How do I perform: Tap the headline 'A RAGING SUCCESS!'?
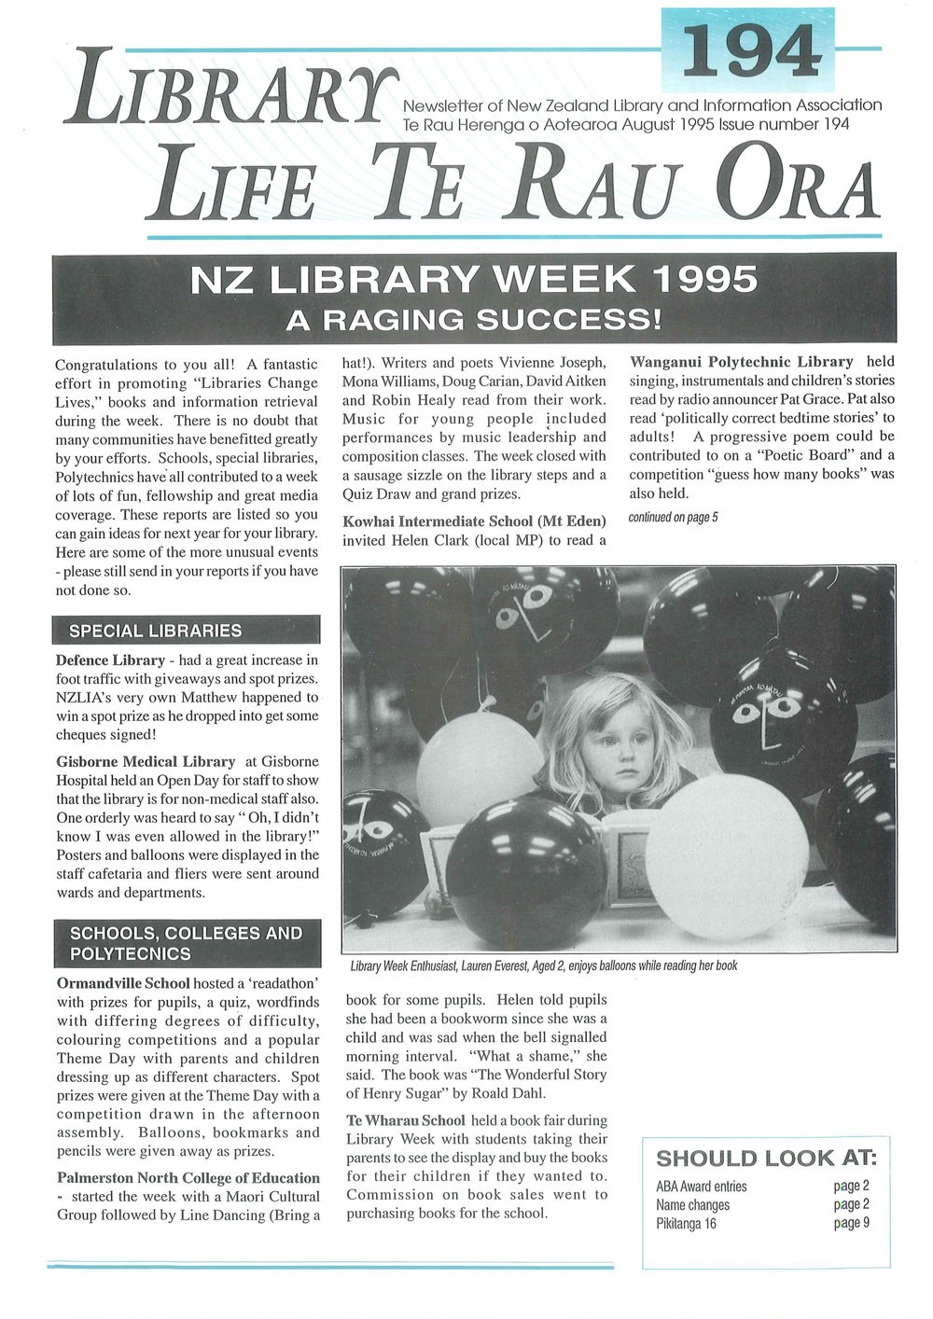tap(474, 320)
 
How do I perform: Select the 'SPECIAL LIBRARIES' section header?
tap(156, 631)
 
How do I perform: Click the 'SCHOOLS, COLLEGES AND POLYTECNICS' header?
tap(186, 943)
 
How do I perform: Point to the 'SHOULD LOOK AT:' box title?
tap(766, 1159)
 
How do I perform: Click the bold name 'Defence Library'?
tap(110, 660)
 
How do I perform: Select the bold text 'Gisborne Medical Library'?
tap(146, 762)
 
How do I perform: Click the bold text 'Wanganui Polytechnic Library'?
tap(742, 362)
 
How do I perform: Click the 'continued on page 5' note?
tap(674, 518)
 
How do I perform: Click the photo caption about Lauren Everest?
tap(544, 965)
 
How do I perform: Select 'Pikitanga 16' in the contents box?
tap(686, 1223)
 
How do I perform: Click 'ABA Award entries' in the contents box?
tap(701, 1187)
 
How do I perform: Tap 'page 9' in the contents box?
tap(851, 1223)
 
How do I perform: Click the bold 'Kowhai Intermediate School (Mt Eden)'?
tap(474, 521)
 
